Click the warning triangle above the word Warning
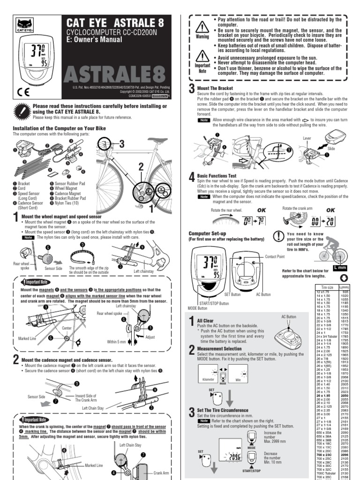click(x=202, y=26)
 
